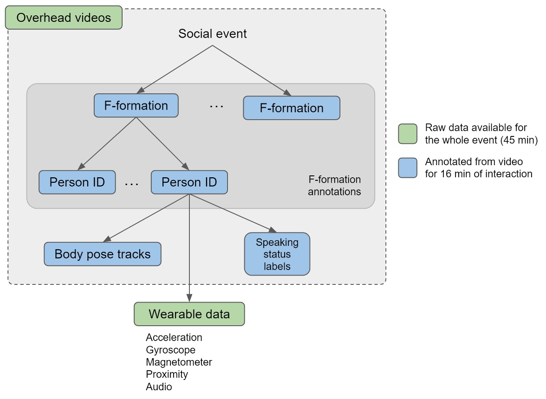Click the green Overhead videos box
tap(64, 18)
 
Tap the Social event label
tap(213, 33)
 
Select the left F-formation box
tap(136, 105)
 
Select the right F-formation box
tap(292, 108)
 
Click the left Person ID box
tap(77, 182)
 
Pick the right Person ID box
tap(189, 182)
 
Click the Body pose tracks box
tap(103, 254)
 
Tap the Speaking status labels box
tap(277, 254)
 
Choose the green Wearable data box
tap(189, 314)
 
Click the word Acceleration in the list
tap(174, 337)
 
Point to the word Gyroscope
tap(170, 350)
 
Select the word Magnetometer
tap(179, 362)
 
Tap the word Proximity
tap(167, 374)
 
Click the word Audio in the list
tap(159, 386)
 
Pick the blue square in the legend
tap(407, 167)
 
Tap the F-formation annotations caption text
tap(334, 185)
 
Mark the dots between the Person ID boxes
tap(132, 184)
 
